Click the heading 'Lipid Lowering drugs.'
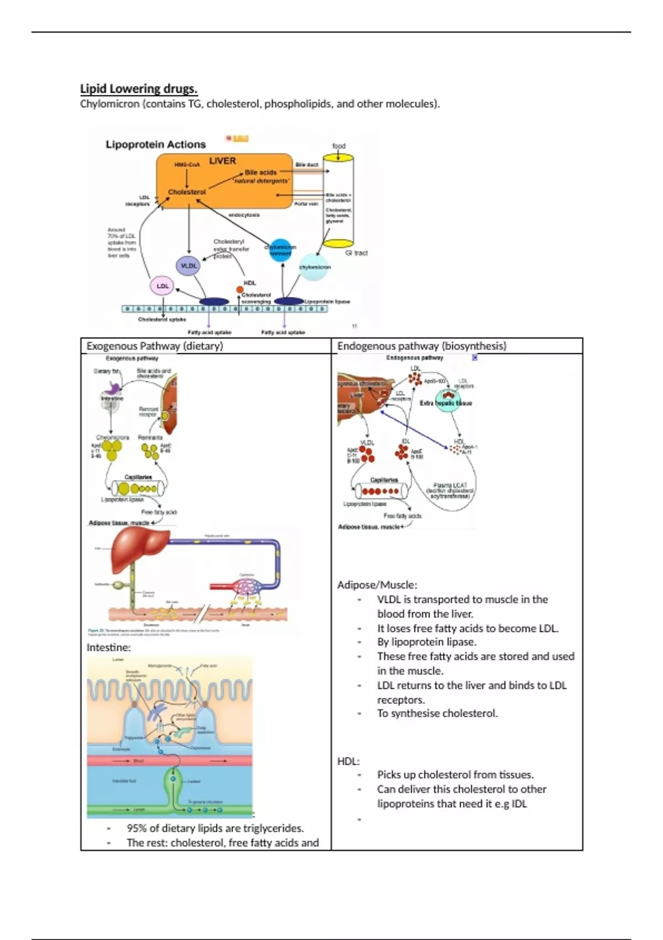139,88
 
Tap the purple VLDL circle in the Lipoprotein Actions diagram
189,266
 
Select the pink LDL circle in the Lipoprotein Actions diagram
162,286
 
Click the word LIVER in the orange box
222,161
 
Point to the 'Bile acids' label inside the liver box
261,173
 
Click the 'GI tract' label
356,253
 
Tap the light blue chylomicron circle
314,267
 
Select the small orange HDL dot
240,289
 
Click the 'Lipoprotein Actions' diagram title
155,144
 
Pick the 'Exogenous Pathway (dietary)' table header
155,346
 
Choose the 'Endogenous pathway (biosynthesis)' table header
422,346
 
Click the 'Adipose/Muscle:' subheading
377,585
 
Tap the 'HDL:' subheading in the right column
348,761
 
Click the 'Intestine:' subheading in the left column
108,647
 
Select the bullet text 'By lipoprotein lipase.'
427,642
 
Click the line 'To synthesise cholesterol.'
437,713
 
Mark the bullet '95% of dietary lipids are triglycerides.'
215,828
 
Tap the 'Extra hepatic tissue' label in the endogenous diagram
445,403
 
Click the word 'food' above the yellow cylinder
339,146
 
